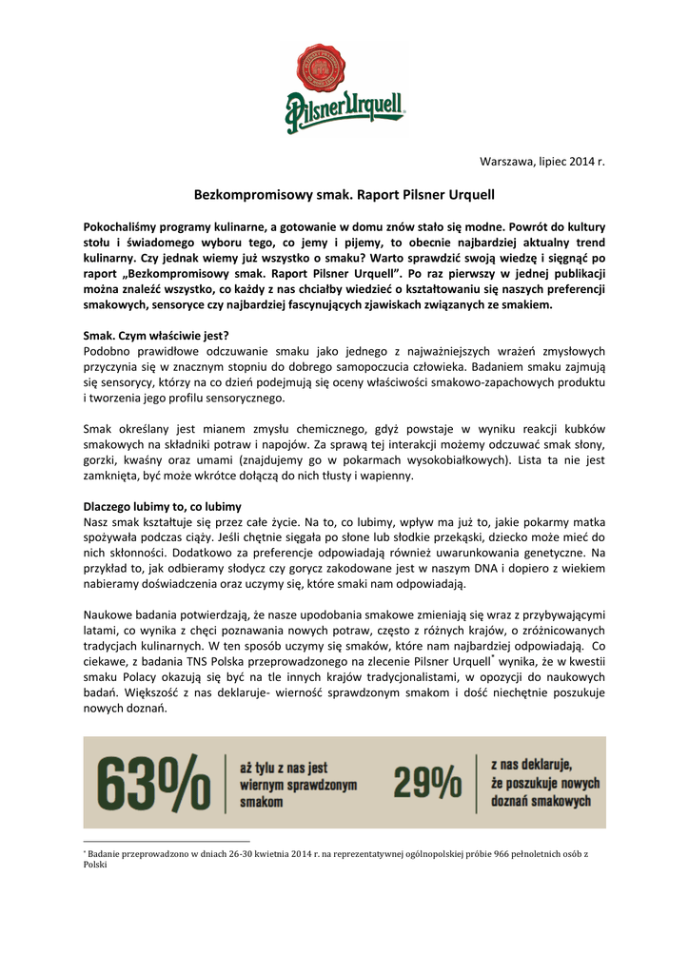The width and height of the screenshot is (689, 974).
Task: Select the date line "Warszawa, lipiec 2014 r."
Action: click(541, 162)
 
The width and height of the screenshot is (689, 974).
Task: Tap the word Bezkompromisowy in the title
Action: click(242, 194)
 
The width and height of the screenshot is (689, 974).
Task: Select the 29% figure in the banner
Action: click(426, 783)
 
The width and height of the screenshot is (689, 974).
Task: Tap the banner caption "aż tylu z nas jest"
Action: click(283, 767)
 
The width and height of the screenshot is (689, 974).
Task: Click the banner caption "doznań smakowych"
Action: click(541, 801)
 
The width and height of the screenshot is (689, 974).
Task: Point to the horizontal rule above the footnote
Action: click(167, 841)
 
